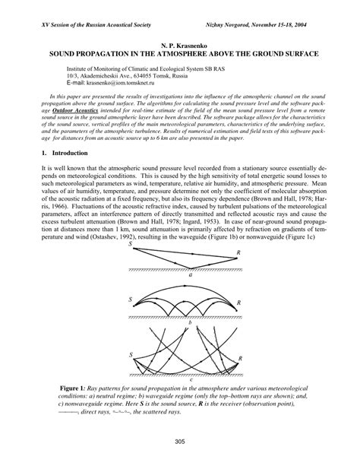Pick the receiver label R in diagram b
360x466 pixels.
240,303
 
